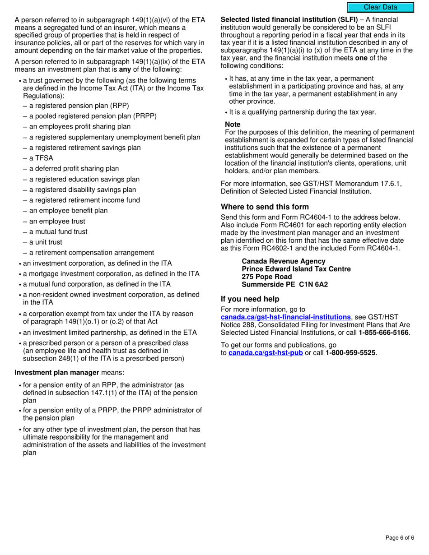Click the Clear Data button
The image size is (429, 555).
pyautogui.click(x=380, y=7)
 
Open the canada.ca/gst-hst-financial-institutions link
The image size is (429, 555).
pyautogui.click(x=285, y=317)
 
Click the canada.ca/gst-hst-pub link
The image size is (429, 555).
pyautogui.click(x=266, y=353)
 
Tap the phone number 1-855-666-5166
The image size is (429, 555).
pyautogui.click(x=384, y=333)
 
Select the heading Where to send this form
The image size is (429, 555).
pyautogui.click(x=265, y=207)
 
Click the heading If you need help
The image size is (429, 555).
pyautogui.click(x=250, y=299)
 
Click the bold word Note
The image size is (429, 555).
pyautogui.click(x=233, y=125)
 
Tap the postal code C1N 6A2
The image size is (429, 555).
pyautogui.click(x=313, y=284)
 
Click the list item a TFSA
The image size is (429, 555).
pyautogui.click(x=41, y=158)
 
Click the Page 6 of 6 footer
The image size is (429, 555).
pyautogui.click(x=400, y=537)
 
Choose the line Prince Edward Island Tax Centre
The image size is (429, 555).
pyautogui.click(x=296, y=269)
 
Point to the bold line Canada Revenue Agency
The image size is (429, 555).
pyautogui.click(x=283, y=261)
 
